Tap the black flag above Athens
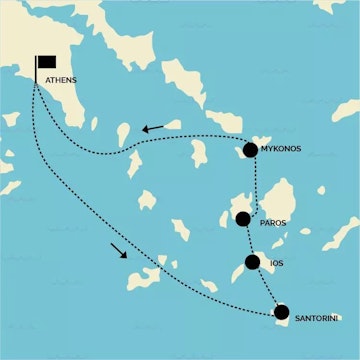coord(46,61)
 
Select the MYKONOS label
coord(281,150)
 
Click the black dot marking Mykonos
coord(250,150)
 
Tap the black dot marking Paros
coord(243,219)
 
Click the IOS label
coord(277,264)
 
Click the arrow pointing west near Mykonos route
coord(153,129)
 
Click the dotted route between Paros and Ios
coord(249,242)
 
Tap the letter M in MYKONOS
coord(263,150)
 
